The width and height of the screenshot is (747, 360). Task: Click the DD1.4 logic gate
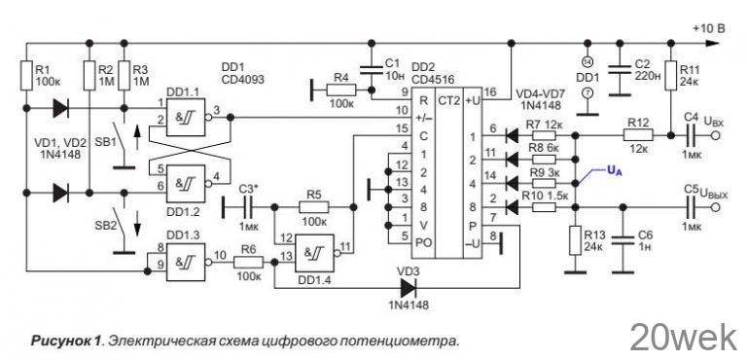(317, 255)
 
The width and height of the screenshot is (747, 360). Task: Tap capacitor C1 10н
(371, 68)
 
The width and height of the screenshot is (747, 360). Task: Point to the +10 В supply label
(707, 29)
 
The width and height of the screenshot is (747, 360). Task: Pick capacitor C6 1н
(620, 240)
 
